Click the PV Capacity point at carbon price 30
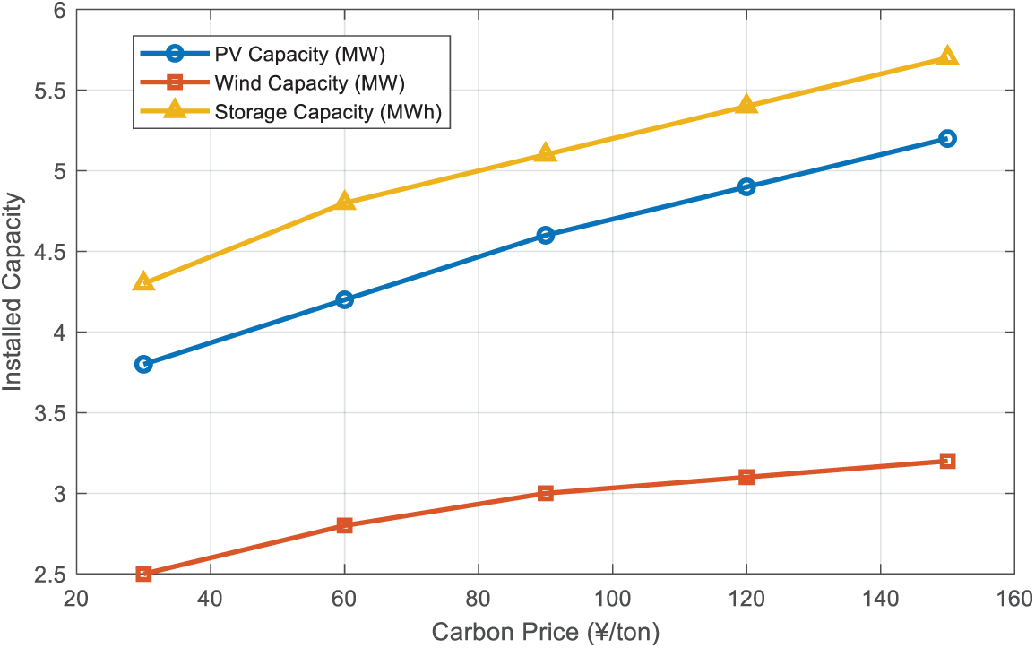(143, 364)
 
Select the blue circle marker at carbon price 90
(546, 235)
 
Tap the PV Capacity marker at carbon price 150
(947, 138)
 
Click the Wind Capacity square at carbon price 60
(345, 525)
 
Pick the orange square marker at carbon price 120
(746, 477)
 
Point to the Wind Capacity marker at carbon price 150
(947, 461)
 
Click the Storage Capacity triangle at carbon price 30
(143, 282)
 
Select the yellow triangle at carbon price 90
(546, 153)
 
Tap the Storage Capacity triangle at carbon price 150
(947, 56)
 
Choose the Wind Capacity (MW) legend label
(310, 83)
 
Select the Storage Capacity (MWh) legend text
(329, 112)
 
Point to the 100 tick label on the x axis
(612, 599)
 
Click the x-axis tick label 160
(1013, 599)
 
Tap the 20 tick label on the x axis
(77, 599)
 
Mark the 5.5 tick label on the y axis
(49, 91)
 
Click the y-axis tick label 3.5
(49, 413)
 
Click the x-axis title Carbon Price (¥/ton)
(546, 633)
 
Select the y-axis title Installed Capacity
(13, 292)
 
